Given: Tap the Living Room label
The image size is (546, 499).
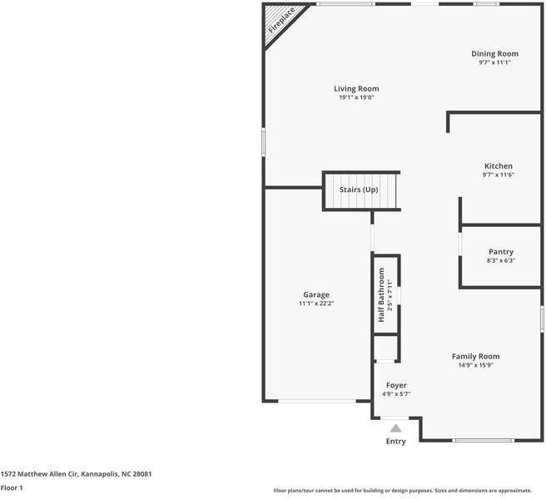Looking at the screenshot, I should click(356, 88).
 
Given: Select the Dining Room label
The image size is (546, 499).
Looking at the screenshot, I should click(494, 54).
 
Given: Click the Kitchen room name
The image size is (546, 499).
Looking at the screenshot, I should click(498, 166).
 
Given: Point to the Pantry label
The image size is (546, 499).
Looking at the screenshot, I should click(500, 251).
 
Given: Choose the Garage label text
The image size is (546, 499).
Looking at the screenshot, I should click(315, 294).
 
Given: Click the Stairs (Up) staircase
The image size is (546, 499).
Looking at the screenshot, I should click(359, 190).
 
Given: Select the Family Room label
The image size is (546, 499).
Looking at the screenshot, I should click(475, 356).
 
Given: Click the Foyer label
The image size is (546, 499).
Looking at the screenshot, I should click(396, 385).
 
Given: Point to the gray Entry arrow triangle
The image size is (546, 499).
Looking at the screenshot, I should click(395, 428).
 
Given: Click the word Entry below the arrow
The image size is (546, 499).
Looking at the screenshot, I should click(395, 442).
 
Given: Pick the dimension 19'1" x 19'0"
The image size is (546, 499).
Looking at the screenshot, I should click(356, 97).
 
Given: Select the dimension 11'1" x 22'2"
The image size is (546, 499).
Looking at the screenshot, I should click(315, 304).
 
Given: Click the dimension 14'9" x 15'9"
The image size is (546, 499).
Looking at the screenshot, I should click(475, 365).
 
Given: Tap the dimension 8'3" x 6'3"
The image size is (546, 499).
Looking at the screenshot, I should click(500, 260).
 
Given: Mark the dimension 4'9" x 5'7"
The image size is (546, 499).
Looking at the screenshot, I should click(396, 394).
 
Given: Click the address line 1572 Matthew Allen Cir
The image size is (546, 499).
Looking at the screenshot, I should click(76, 473).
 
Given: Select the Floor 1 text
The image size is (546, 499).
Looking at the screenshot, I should click(12, 487).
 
